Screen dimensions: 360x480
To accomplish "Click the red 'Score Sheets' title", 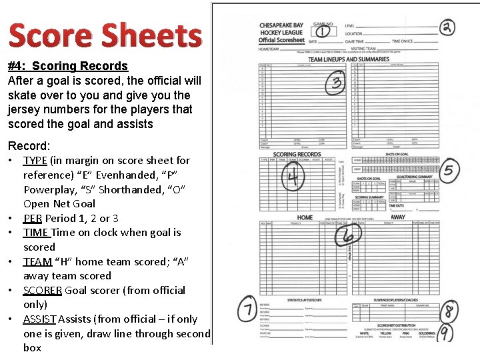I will [105, 36].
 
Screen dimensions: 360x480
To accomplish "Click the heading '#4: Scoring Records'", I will [67, 66].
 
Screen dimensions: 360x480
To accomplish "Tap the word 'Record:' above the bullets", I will [29, 145].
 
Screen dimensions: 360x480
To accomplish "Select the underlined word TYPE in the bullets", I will [35, 161].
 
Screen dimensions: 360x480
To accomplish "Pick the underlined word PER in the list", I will [33, 218].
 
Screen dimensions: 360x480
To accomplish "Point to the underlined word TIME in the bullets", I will [35, 233].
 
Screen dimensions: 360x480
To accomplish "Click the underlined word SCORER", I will [43, 290].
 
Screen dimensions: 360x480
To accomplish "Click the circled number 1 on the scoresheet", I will [323, 31].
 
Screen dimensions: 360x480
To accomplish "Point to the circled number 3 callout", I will [336, 84].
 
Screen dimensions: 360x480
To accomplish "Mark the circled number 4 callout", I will [293, 176].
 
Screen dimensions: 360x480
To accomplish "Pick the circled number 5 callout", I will [449, 170].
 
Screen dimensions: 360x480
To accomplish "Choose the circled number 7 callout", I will [247, 309].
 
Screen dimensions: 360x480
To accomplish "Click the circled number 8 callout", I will [450, 310].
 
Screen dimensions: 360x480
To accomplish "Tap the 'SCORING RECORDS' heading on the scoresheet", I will [297, 155].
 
